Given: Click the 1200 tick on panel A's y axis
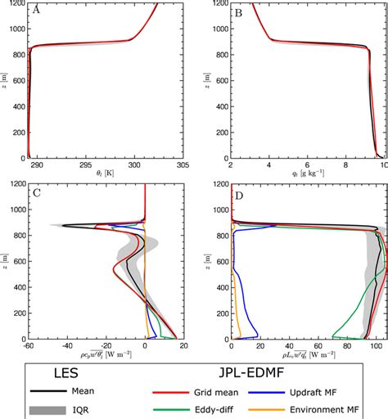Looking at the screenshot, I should pyautogui.click(x=17, y=3).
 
